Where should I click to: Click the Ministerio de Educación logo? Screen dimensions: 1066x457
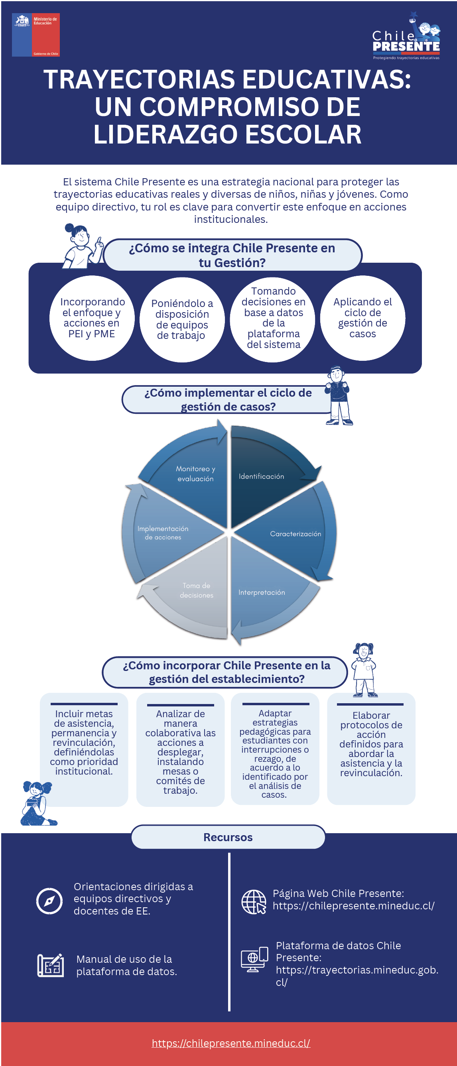click(x=35, y=35)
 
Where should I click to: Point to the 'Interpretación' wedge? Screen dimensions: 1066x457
click(x=265, y=592)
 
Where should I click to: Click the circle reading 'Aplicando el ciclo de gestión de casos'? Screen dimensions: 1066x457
click(x=362, y=318)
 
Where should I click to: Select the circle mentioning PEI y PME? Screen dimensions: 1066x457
click(x=91, y=318)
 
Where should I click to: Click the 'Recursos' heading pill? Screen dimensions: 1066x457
click(x=228, y=837)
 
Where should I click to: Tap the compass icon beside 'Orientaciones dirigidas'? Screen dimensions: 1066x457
click(x=50, y=901)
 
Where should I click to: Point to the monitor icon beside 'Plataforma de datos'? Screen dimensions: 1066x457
click(x=254, y=959)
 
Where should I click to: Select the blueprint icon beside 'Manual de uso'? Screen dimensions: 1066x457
click(x=51, y=965)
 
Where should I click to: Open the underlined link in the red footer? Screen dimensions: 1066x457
click(x=230, y=1043)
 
